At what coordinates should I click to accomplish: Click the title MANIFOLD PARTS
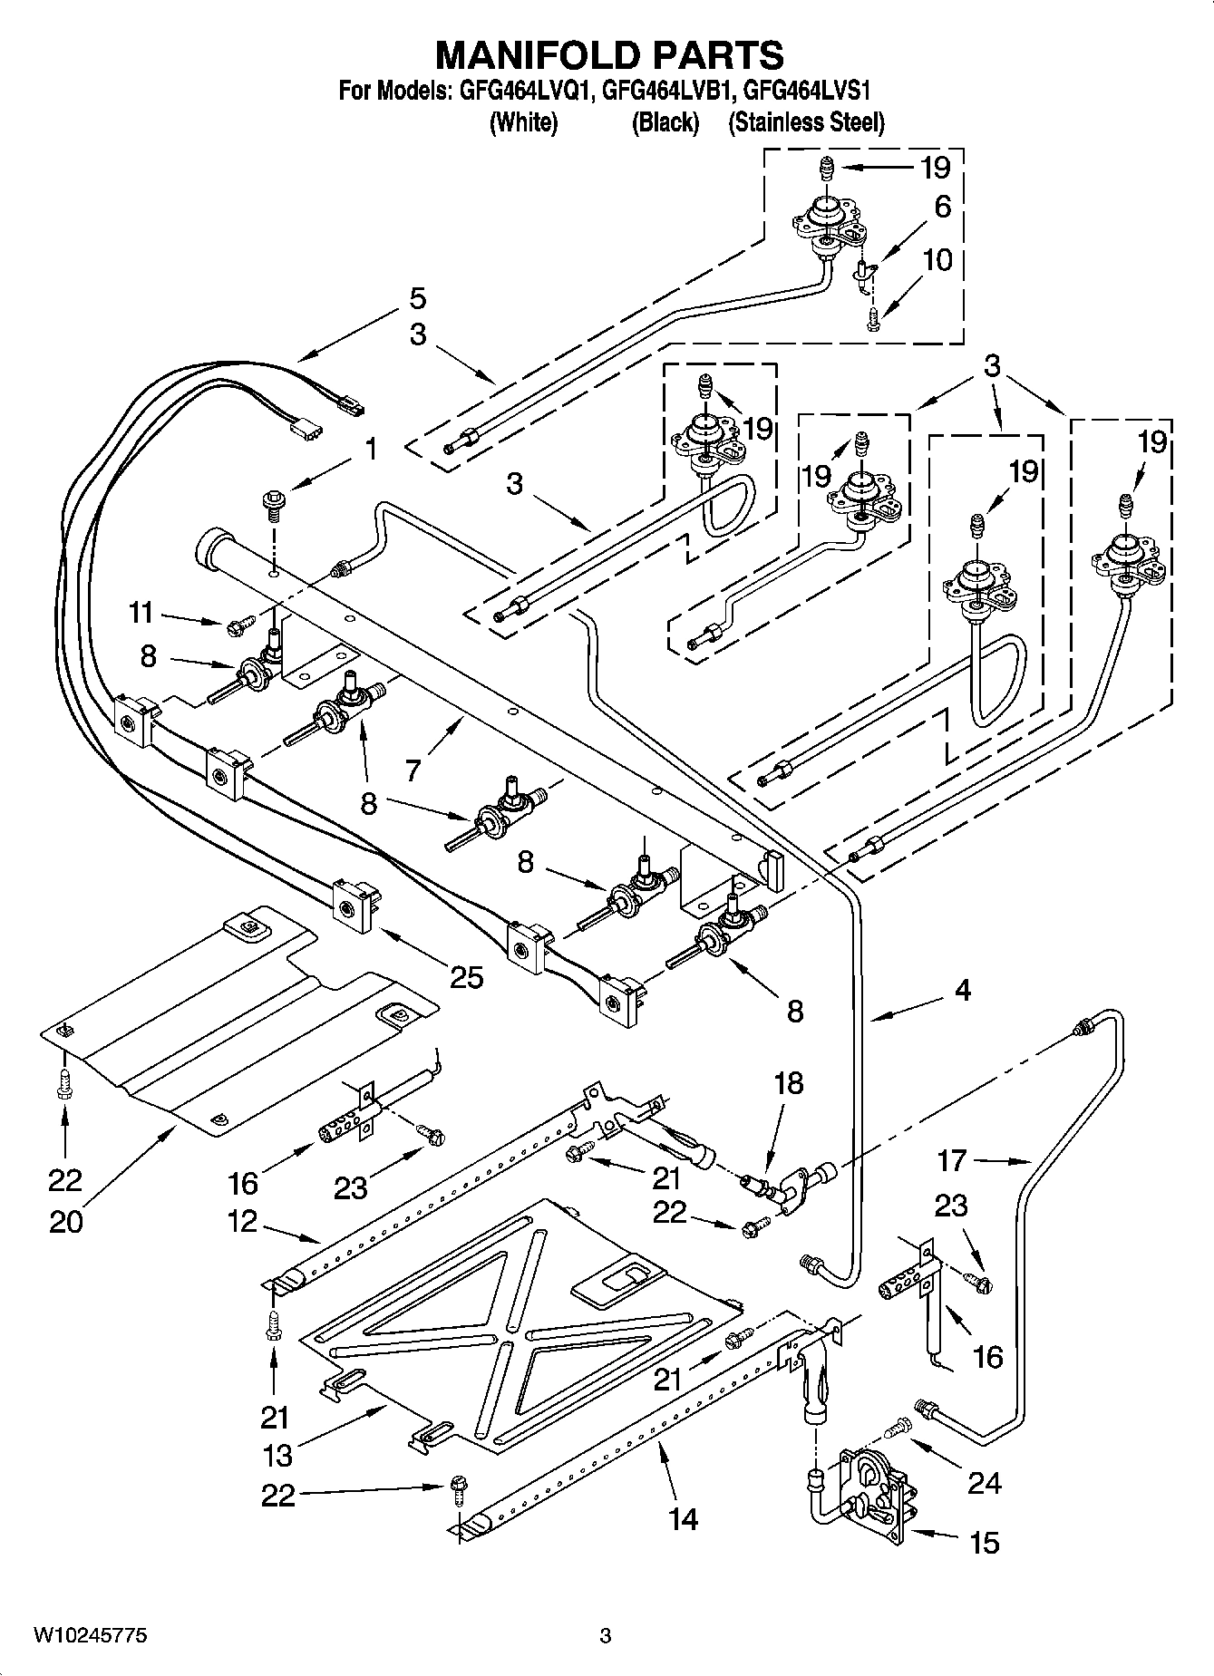(609, 55)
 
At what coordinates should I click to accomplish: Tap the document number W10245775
(90, 1635)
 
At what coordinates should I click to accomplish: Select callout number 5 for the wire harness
(417, 298)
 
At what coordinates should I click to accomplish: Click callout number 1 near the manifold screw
(371, 450)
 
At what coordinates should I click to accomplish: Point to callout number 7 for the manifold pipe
(413, 770)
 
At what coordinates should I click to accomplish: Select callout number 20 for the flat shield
(66, 1222)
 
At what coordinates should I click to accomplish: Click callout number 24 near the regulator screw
(985, 1482)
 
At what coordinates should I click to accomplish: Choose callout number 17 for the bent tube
(952, 1159)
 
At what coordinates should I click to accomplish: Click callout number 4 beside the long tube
(962, 991)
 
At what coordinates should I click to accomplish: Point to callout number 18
(789, 1082)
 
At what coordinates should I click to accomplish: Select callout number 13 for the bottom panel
(277, 1455)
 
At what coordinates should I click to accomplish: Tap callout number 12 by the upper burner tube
(243, 1221)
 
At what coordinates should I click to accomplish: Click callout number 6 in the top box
(942, 207)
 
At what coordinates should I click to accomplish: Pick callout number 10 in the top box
(937, 260)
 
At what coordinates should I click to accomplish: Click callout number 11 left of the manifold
(141, 614)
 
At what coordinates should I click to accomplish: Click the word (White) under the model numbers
(523, 122)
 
